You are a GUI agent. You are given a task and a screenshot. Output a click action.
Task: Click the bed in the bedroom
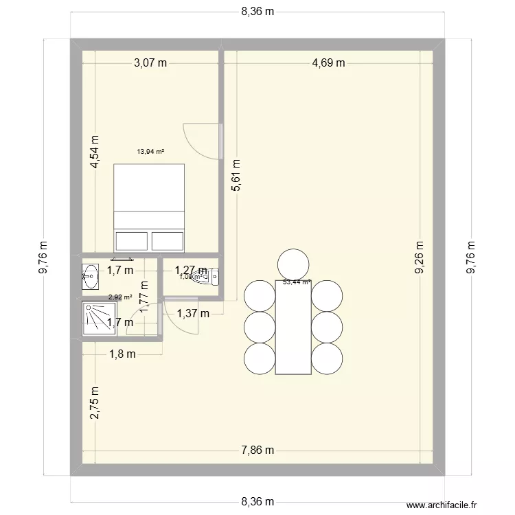pyautogui.click(x=150, y=207)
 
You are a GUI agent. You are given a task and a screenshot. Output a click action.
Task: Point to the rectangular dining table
pyautogui.click(x=293, y=327)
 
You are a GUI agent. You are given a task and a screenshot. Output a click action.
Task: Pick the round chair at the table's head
pyautogui.click(x=293, y=264)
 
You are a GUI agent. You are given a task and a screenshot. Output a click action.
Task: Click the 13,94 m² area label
pyautogui.click(x=150, y=152)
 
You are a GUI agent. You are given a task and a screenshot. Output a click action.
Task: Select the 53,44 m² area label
pyautogui.click(x=297, y=282)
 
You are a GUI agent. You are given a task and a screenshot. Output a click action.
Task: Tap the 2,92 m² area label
pyautogui.click(x=120, y=297)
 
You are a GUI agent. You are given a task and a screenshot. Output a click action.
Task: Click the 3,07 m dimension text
pyautogui.click(x=151, y=63)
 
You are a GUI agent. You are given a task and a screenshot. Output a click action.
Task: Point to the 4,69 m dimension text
pyautogui.click(x=328, y=63)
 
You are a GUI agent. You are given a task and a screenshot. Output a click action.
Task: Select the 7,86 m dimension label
pyautogui.click(x=257, y=450)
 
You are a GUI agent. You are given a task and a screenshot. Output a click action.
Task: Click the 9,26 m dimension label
pyautogui.click(x=420, y=257)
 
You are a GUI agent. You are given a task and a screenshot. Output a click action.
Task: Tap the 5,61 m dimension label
pyautogui.click(x=236, y=176)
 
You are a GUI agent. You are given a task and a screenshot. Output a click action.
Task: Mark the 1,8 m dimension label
pyautogui.click(x=122, y=354)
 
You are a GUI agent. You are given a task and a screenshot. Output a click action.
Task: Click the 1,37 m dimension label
pyautogui.click(x=192, y=314)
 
